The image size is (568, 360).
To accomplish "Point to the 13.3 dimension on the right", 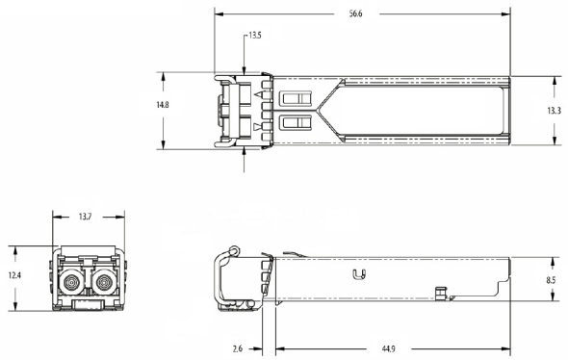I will point(554,111).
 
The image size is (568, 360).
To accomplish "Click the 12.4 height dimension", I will point(14,275).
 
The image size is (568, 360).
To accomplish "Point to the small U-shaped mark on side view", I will point(362,278).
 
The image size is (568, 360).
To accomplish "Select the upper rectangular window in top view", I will point(296,98).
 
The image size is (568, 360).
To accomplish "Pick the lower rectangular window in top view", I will point(296,123).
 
